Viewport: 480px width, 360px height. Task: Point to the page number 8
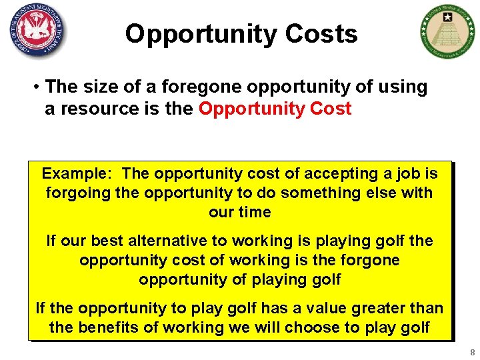(x=471, y=352)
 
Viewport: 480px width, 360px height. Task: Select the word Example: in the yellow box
(x=77, y=174)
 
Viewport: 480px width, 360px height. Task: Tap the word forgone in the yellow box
(x=368, y=260)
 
